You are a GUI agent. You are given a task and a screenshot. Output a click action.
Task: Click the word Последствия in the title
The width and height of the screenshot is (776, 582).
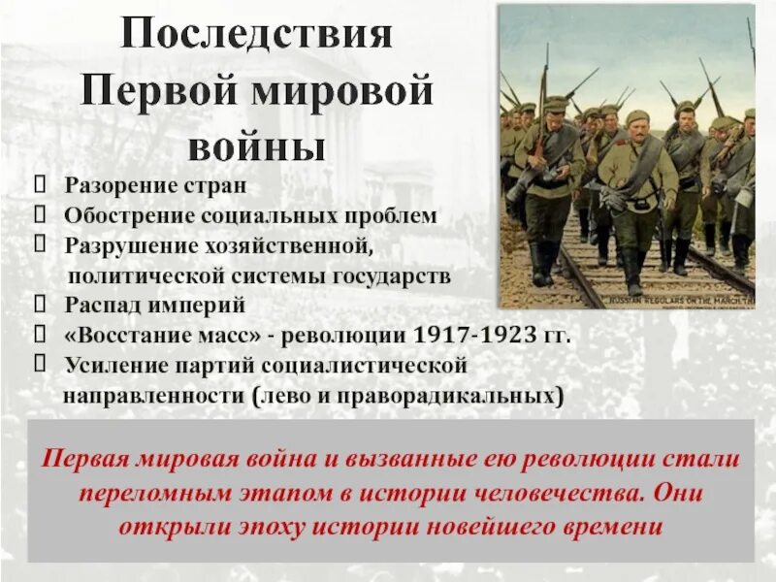click(256, 36)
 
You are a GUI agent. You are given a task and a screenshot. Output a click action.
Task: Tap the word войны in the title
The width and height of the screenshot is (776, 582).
click(256, 146)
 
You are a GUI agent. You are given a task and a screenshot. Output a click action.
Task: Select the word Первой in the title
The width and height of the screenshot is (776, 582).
click(152, 91)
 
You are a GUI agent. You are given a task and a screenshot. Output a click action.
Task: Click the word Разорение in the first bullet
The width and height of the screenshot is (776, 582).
click(121, 184)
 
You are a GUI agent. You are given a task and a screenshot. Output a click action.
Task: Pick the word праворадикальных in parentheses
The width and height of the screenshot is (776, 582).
click(467, 397)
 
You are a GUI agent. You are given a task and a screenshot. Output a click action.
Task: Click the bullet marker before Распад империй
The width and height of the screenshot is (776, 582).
click(40, 305)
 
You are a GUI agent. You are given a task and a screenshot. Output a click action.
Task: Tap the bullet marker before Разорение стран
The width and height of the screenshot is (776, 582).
click(40, 184)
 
